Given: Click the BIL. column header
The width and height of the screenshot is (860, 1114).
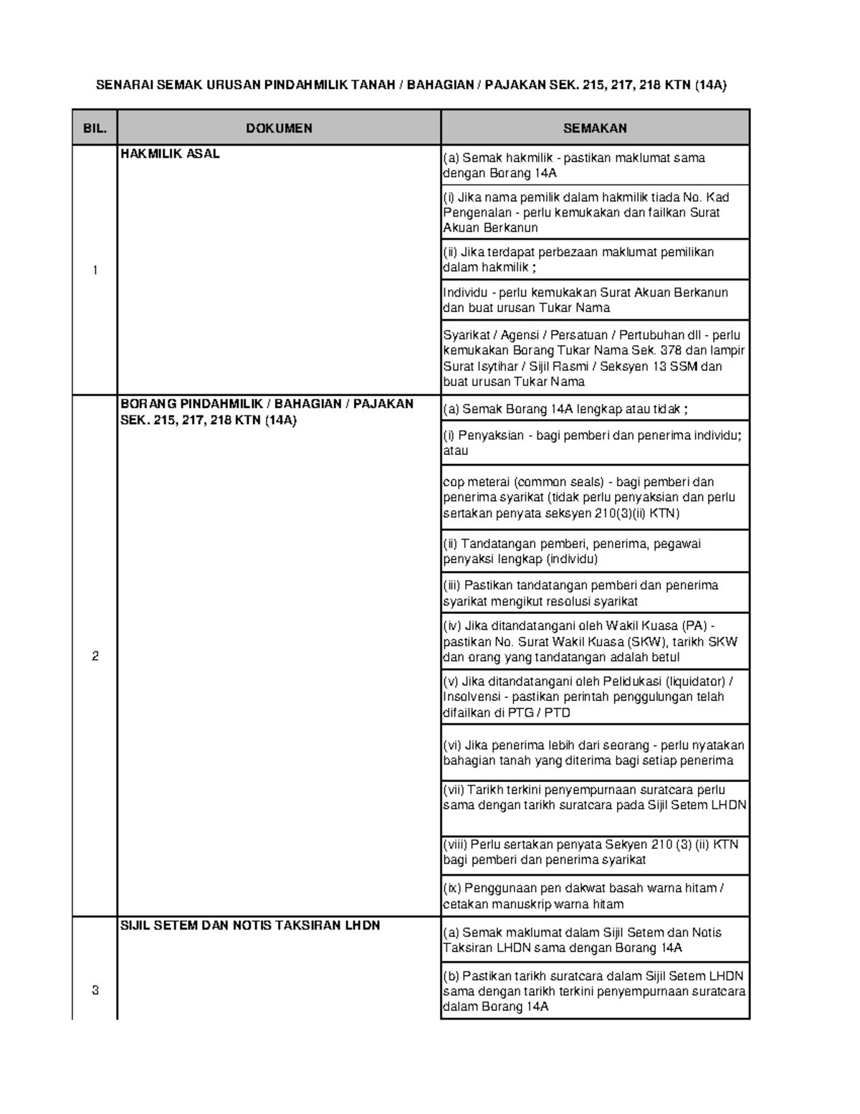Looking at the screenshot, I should click(x=95, y=128).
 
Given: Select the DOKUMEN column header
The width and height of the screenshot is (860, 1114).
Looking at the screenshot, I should click(x=279, y=128).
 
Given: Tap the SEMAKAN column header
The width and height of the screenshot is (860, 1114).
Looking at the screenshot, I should click(x=595, y=128).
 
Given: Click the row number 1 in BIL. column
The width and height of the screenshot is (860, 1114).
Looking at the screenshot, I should click(x=95, y=270).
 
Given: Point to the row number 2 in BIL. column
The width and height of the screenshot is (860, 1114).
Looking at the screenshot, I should click(x=95, y=656).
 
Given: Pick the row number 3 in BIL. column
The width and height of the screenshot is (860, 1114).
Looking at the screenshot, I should click(x=95, y=991).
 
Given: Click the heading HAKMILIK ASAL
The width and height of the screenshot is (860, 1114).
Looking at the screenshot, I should click(x=170, y=154).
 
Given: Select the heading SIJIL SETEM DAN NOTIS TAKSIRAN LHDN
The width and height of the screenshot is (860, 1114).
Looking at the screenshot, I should click(x=250, y=925).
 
